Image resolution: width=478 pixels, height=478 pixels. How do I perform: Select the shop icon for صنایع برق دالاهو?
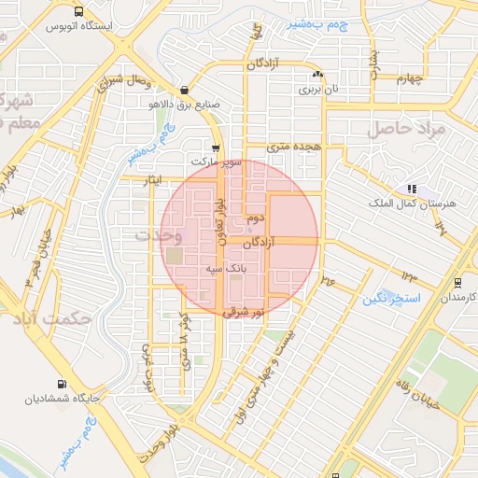pos(183,91)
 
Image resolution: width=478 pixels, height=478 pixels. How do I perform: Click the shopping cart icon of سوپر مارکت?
pos(216,148)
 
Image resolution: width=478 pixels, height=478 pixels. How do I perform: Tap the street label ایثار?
pos(146,177)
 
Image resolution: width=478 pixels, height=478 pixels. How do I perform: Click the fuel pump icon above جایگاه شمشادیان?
pos(62,384)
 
